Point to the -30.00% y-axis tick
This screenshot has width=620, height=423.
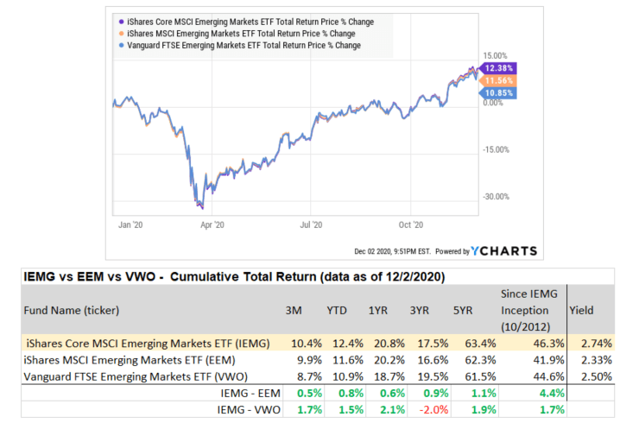[x=495, y=196]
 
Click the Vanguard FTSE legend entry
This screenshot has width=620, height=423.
[x=242, y=45]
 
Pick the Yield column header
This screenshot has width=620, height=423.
[x=581, y=308]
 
